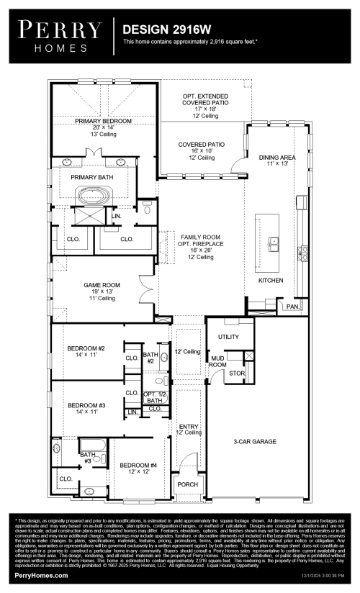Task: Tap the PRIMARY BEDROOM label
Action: click(x=103, y=122)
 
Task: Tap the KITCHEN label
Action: click(x=271, y=280)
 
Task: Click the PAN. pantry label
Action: click(x=292, y=307)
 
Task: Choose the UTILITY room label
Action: click(x=228, y=336)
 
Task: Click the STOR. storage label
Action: click(x=237, y=373)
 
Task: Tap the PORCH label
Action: click(x=188, y=484)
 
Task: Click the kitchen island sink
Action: click(x=274, y=246)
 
